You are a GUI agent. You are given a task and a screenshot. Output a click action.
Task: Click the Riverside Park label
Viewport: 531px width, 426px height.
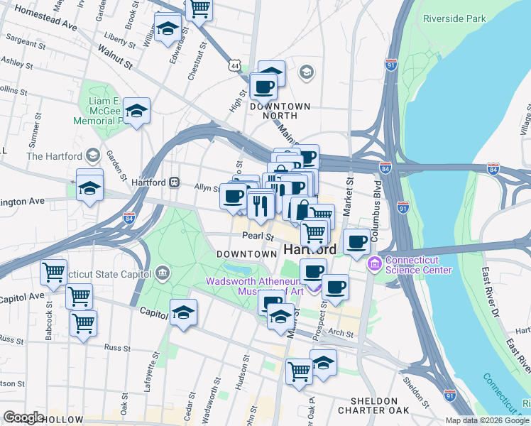454,18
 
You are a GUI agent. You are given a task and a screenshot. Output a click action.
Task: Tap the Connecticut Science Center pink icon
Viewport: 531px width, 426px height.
374,264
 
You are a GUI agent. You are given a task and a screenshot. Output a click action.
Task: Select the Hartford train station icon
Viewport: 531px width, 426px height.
174,182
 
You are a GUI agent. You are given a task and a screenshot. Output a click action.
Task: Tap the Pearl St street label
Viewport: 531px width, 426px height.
258,236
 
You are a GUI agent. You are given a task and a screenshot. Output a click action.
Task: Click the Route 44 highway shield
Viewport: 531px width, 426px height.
234,65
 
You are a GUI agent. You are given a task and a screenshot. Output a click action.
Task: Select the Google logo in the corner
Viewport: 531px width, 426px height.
23,417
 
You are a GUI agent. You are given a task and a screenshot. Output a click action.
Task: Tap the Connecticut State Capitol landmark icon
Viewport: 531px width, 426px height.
163,273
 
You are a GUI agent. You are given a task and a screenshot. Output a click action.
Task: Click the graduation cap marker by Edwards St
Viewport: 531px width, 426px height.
167,30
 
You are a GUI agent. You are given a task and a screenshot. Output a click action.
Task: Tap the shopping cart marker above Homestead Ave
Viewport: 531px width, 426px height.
199,9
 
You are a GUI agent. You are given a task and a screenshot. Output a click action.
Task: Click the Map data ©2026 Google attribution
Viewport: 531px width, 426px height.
486,420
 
